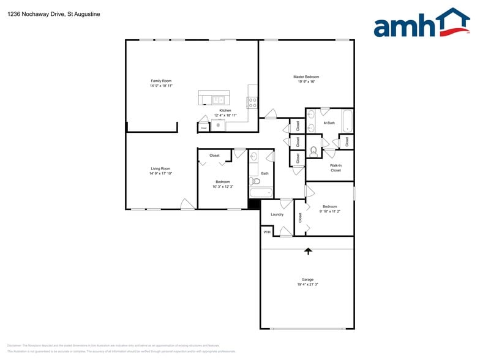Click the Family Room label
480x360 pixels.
click(162, 81)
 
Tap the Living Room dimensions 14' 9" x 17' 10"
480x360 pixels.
click(161, 174)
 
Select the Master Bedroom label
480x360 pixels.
click(306, 77)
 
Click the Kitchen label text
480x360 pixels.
click(225, 110)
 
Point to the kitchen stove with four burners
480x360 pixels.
click(252, 103)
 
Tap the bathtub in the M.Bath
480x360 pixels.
click(347, 121)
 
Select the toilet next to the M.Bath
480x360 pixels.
click(313, 151)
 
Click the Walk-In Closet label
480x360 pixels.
click(336, 168)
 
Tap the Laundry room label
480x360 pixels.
click(277, 214)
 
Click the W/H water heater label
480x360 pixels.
click(267, 232)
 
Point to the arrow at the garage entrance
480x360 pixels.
click(308, 250)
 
